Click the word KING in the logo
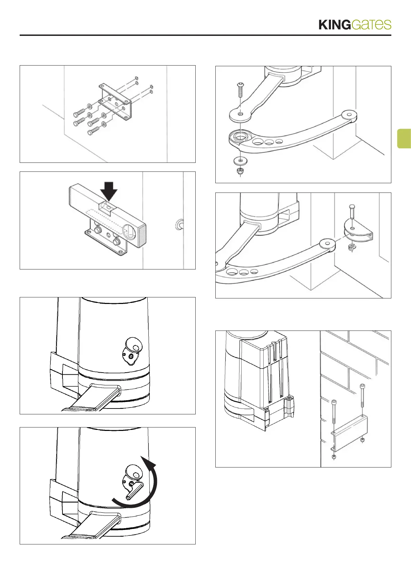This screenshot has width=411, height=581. tap(334, 25)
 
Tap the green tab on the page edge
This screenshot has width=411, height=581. tap(404, 138)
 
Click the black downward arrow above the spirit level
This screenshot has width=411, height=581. tap(109, 189)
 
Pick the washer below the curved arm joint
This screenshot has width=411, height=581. tap(240, 161)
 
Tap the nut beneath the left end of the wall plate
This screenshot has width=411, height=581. tap(334, 457)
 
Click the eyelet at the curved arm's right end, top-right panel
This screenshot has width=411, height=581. tap(349, 114)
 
